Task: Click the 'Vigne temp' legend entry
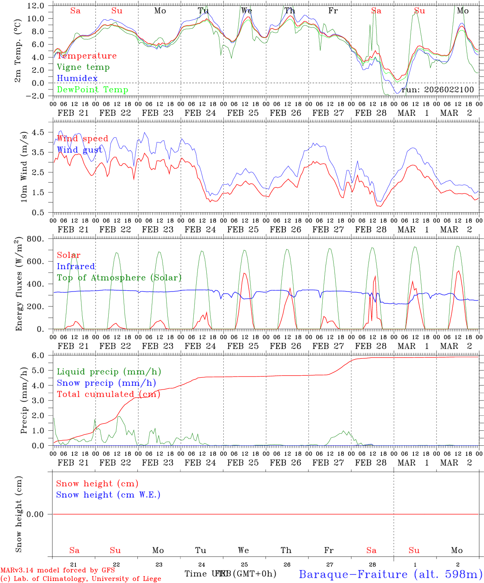point(83,67)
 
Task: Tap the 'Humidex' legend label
point(77,79)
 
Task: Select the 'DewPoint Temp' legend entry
point(92,90)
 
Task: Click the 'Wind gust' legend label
point(79,150)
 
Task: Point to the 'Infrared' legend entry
point(76,266)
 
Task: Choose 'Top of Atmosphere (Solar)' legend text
point(119,278)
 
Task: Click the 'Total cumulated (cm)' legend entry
point(109,394)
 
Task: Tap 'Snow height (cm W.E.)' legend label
point(108,495)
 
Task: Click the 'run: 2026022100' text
point(437,90)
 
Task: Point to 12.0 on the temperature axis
point(36,6)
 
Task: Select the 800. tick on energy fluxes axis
point(36,239)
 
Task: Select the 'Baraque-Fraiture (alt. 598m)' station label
point(390,574)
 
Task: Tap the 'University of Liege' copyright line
point(81,579)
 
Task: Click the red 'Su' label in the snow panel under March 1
point(414,550)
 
